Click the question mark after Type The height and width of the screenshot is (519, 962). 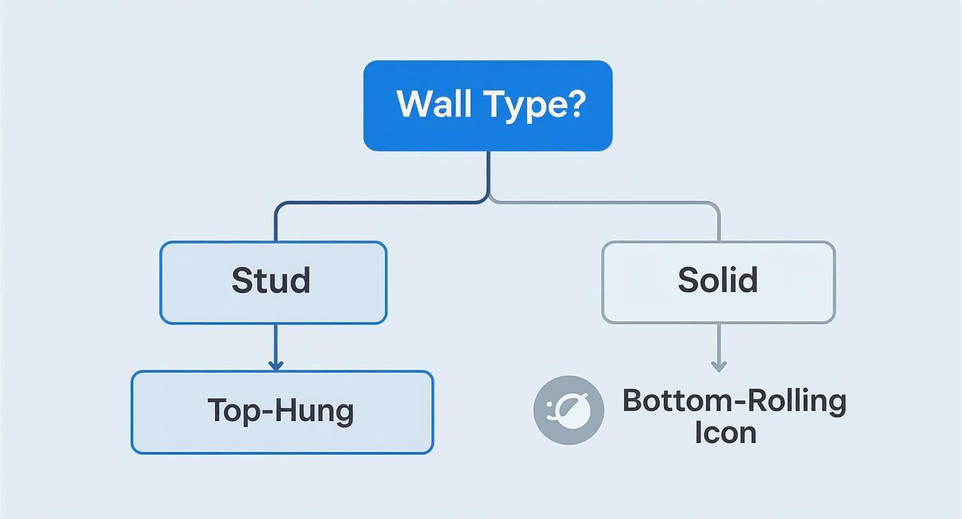[x=576, y=104]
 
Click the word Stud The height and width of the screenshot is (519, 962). [x=271, y=281]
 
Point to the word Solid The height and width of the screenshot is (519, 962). [x=717, y=280]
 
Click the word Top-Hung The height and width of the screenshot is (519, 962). [x=281, y=411]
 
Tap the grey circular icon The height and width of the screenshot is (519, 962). [x=569, y=410]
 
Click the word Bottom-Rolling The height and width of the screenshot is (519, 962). [x=734, y=401]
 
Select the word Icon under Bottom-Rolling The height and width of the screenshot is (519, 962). [x=725, y=433]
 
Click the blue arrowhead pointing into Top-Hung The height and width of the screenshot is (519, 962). [x=276, y=365]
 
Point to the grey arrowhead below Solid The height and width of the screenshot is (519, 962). [x=719, y=366]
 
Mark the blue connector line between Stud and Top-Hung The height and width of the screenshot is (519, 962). [x=276, y=342]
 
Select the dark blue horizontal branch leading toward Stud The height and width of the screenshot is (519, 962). [x=380, y=203]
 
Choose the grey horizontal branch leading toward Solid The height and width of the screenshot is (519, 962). [x=601, y=203]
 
